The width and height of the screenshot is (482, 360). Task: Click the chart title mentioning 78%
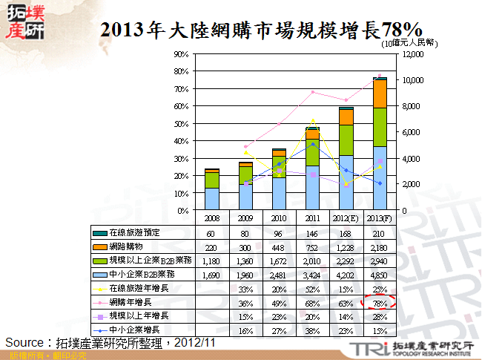pos(261,30)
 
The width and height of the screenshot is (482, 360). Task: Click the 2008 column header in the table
pos(211,217)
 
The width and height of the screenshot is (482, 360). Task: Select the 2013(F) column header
pos(380,217)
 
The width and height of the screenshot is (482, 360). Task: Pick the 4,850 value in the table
pos(380,273)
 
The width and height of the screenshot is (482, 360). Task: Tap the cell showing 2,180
pos(380,246)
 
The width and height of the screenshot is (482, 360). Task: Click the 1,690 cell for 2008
pos(211,273)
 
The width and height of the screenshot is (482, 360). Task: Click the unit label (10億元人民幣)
pos(405,44)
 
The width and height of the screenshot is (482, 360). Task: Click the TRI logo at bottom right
pos(416,348)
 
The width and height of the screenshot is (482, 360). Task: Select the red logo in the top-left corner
pos(24,23)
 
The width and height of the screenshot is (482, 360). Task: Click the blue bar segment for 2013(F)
pos(380,178)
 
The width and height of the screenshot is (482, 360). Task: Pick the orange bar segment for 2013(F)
pos(380,94)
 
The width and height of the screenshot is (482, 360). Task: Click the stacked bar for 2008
pos(211,189)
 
